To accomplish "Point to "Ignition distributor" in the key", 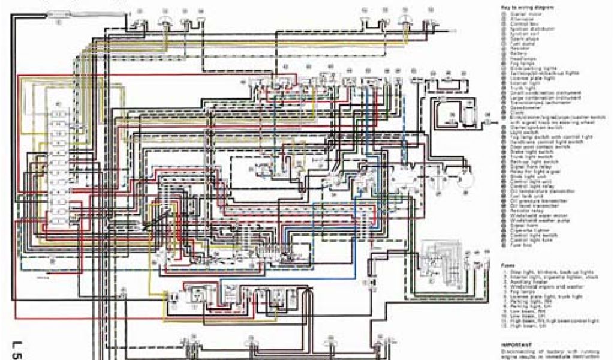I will coord(528,29).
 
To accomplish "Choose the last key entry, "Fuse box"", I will coord(519,245).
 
